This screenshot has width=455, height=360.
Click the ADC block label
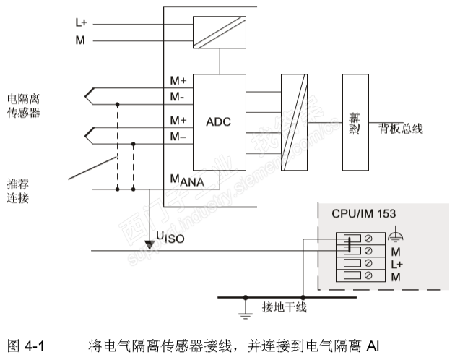point(217,121)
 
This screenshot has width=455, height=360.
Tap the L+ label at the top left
point(81,23)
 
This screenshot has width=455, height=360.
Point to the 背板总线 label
point(401,129)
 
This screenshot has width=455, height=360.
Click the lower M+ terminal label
point(178,120)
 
